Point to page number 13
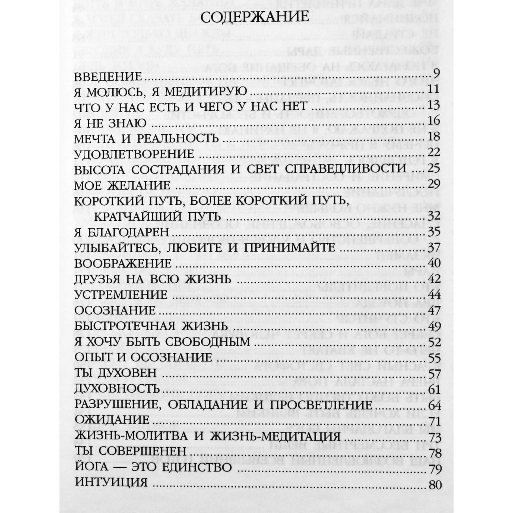click(x=433, y=105)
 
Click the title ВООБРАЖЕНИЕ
click(x=123, y=264)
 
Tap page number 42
click(x=433, y=279)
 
